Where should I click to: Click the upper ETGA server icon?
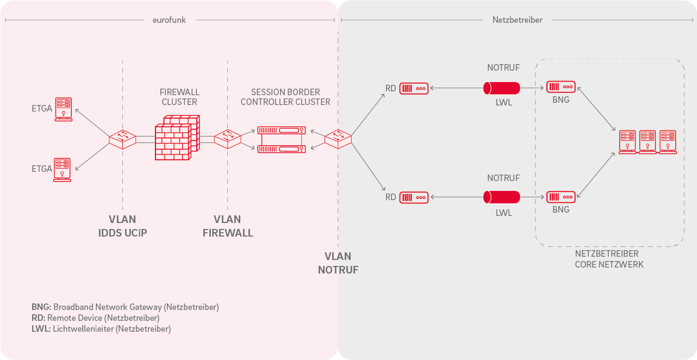click(x=64, y=109)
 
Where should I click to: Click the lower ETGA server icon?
click(x=62, y=170)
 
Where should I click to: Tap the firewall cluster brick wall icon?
click(x=177, y=138)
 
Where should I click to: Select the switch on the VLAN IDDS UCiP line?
click(x=122, y=139)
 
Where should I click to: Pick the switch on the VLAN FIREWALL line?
click(x=228, y=139)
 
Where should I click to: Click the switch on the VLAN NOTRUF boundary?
click(x=338, y=139)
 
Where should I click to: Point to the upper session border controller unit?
click(x=282, y=130)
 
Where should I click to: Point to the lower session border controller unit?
click(x=282, y=149)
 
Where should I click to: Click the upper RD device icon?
click(x=414, y=88)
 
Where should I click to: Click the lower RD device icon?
click(x=414, y=197)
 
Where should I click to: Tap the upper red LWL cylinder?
click(x=502, y=88)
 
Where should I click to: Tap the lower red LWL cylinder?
click(x=502, y=197)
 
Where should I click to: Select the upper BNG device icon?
click(x=561, y=87)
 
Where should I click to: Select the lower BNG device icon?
click(x=561, y=197)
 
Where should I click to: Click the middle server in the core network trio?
click(x=648, y=142)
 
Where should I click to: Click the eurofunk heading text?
click(x=169, y=20)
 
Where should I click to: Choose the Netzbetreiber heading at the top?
click(x=518, y=20)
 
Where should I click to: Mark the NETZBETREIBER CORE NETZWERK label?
click(x=609, y=259)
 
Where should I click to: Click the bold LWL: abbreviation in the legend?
click(x=41, y=329)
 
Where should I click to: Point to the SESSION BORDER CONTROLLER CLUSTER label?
click(x=285, y=97)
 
